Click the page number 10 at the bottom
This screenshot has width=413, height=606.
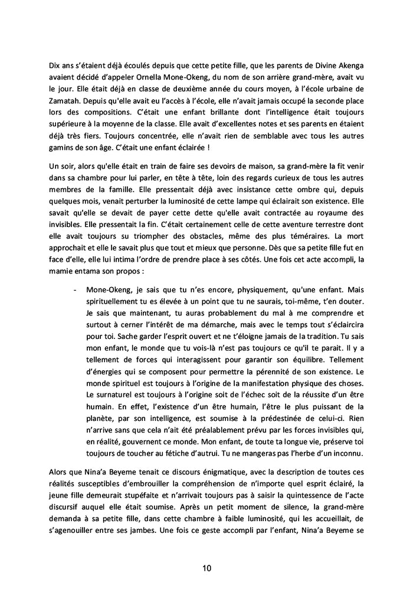(206, 568)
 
